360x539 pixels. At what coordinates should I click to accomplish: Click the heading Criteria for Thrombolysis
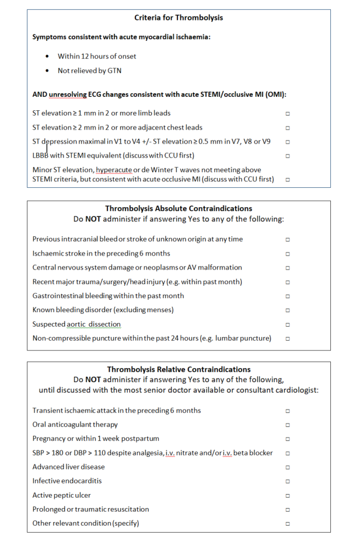point(179,17)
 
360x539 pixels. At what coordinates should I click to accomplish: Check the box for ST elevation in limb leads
point(288,113)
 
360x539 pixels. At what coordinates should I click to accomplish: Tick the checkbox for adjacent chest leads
point(288,128)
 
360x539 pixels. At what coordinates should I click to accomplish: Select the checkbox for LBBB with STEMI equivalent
point(288,156)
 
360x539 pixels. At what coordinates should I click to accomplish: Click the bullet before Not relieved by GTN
point(47,71)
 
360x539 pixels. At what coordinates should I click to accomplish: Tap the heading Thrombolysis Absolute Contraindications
point(178,208)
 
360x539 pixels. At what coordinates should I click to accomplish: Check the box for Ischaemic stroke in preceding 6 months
point(288,254)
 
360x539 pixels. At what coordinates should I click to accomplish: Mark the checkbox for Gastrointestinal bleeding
point(288,296)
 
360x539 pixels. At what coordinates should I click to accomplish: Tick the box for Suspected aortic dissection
point(288,324)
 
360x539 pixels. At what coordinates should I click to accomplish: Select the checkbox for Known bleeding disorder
point(288,310)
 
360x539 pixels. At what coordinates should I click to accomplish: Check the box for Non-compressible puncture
point(288,339)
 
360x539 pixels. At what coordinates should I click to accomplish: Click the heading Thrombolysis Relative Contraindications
point(179,369)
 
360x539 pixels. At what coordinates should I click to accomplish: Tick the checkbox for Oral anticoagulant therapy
point(288,425)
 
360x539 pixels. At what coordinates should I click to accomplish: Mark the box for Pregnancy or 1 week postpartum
point(288,439)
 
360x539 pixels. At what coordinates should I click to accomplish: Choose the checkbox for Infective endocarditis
point(288,481)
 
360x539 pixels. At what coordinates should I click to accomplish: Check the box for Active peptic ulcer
point(288,496)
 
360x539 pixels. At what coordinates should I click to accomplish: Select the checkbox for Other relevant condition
point(288,524)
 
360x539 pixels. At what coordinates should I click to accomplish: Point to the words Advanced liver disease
point(69,467)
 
